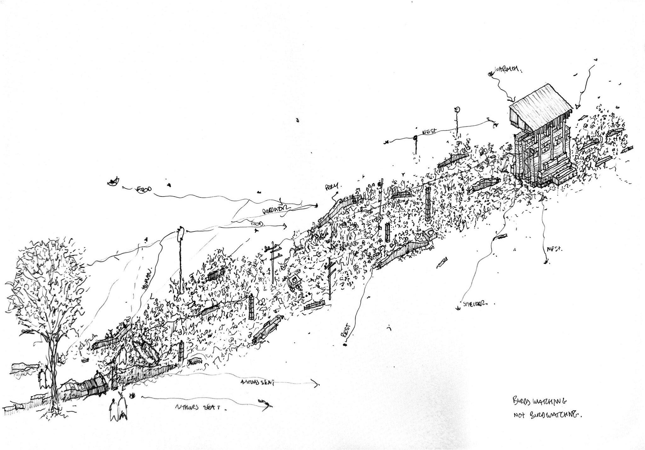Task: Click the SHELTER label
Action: tap(475, 304)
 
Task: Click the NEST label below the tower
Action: tap(555, 249)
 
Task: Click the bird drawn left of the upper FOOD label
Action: tap(113, 182)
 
